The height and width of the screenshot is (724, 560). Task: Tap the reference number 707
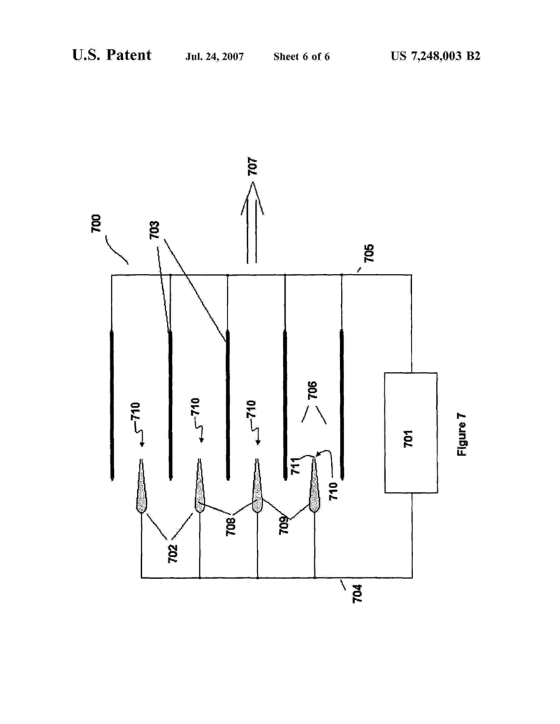tap(253, 167)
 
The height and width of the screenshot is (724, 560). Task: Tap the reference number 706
tap(313, 390)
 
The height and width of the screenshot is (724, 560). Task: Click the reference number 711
tap(295, 466)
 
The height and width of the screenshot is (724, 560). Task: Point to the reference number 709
tap(284, 525)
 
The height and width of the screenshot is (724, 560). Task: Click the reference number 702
tap(173, 554)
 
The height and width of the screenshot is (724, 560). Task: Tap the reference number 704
tap(357, 594)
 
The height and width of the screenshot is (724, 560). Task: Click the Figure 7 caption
tap(461, 434)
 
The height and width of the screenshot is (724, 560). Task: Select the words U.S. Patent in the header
tap(112, 55)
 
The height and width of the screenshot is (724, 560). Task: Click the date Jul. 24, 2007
tap(214, 57)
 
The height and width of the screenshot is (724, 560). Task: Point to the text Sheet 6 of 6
tap(301, 57)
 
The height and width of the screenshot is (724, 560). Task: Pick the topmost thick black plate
tap(112, 404)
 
